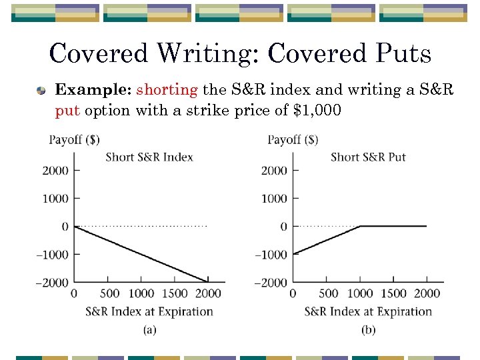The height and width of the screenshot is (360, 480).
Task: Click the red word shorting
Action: tap(167, 90)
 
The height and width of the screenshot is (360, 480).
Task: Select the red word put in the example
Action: tap(67, 110)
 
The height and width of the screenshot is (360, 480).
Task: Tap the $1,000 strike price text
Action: tap(317, 110)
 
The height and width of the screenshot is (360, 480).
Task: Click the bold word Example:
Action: tap(93, 90)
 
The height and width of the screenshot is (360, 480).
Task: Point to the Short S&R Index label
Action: tap(149, 157)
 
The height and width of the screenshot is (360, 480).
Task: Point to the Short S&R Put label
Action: tap(368, 157)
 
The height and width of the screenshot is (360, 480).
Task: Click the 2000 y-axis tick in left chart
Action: tap(56, 171)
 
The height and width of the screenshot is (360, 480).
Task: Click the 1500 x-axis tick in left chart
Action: tap(175, 293)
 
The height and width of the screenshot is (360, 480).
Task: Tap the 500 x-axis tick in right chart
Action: tap(329, 293)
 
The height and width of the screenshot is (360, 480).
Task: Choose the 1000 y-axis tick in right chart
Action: tap(274, 199)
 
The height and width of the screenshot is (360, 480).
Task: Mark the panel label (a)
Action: tap(149, 329)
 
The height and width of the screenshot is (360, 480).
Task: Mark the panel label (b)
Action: tap(368, 329)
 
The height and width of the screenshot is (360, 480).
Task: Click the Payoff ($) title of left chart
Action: tap(75, 140)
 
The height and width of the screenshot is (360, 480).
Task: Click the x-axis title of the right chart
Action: tap(368, 311)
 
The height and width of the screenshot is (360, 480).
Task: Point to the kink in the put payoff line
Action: tap(360, 227)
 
